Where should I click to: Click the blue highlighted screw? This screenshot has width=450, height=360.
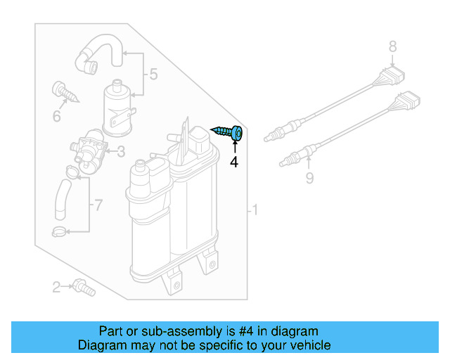[227, 132]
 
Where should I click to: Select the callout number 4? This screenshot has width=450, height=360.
[234, 162]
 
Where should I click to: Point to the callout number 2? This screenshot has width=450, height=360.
[56, 286]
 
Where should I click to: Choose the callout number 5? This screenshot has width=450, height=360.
[153, 74]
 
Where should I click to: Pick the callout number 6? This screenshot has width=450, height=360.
[57, 114]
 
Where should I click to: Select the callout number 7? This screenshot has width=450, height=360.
[98, 205]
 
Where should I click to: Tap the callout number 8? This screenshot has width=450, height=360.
[393, 47]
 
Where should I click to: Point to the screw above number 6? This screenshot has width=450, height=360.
[63, 91]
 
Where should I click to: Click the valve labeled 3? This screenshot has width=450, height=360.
[89, 150]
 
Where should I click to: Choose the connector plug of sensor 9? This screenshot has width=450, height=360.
[409, 104]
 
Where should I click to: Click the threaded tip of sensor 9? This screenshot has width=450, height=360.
[285, 163]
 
